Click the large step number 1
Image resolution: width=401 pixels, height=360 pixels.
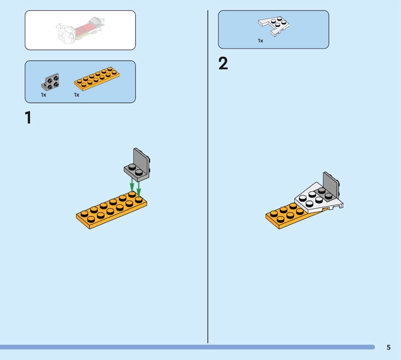[x=28, y=117]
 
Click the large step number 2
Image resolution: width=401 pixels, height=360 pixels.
[x=223, y=63]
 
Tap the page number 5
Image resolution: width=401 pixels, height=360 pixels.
[x=388, y=347]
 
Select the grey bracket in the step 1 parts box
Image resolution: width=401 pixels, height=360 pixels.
[x=50, y=82]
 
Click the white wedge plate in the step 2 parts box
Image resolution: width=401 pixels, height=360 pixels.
[x=274, y=26]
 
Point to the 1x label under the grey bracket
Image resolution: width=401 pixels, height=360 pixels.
[x=44, y=95]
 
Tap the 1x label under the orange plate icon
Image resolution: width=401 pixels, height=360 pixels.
[x=77, y=95]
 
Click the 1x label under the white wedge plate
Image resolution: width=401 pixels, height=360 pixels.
[x=260, y=41]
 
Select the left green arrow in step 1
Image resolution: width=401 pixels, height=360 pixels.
[x=132, y=184]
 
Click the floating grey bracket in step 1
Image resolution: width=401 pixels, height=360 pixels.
[x=137, y=164]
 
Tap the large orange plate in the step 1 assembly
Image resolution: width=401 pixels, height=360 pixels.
[x=111, y=210]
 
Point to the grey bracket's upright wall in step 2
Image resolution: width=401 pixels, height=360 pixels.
[x=331, y=184]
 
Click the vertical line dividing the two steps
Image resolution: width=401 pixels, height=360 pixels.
[x=208, y=176]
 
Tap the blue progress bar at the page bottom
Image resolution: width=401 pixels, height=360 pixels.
[x=187, y=347]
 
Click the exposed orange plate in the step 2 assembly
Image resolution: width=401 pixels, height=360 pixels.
[x=286, y=216]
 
